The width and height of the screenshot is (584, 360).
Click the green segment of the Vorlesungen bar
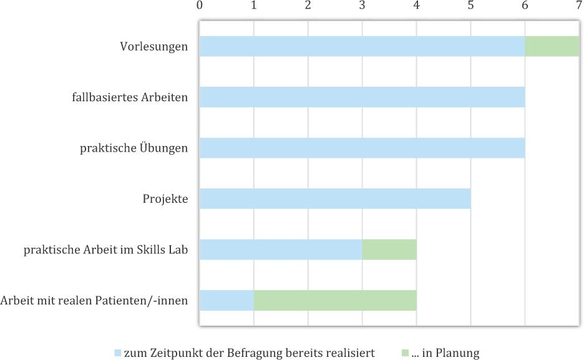tap(552, 46)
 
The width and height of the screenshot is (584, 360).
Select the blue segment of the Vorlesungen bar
tap(362, 46)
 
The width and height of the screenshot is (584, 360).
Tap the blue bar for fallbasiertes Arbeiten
tap(362, 97)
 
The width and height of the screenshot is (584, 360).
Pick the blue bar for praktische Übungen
tap(362, 148)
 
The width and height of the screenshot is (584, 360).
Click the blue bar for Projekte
tap(334, 199)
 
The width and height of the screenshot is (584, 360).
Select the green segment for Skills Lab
tap(389, 250)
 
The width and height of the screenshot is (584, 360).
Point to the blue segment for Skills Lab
tap(280, 250)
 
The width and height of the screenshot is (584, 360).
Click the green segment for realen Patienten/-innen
tap(334, 301)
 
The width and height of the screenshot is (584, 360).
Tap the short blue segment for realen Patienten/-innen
tap(226, 301)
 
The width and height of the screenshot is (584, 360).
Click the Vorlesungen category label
tap(154, 47)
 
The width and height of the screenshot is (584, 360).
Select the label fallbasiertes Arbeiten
tap(130, 98)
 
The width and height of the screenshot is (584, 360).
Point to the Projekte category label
tap(165, 200)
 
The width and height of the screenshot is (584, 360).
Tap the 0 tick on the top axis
tap(199, 6)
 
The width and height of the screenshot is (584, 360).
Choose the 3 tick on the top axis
tap(362, 6)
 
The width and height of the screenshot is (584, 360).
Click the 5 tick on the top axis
tap(470, 6)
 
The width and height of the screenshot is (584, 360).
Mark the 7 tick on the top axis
tap(579, 6)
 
